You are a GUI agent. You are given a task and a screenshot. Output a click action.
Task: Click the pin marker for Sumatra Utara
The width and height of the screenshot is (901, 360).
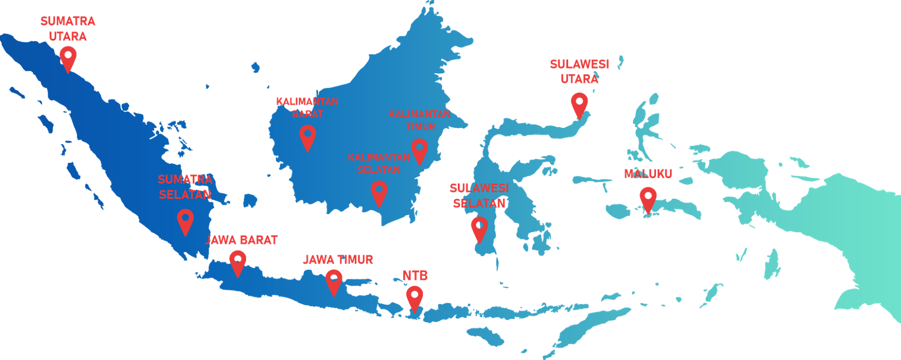[x=68, y=57]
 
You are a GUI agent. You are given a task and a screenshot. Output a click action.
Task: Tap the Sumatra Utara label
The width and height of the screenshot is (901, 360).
[x=68, y=29]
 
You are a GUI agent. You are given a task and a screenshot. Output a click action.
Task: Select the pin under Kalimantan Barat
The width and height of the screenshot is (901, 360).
[x=307, y=136]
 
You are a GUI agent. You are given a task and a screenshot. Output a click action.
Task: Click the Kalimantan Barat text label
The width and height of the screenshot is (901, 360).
[x=307, y=107]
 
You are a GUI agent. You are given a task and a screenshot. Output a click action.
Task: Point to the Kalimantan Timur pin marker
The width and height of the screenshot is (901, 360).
[x=419, y=150]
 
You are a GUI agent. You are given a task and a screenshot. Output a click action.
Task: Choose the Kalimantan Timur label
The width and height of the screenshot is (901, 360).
[x=420, y=120]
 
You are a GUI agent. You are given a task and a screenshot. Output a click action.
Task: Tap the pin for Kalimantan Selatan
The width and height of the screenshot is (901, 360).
[x=379, y=192]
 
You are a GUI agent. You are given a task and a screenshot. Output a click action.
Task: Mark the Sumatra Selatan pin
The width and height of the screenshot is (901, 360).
[x=185, y=220]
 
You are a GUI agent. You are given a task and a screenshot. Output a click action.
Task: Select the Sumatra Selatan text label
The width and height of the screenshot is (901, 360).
[x=185, y=187]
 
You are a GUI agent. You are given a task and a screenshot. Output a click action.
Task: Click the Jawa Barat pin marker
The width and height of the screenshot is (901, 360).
[x=238, y=261]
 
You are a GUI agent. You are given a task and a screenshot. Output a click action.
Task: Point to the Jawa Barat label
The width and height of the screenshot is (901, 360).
[x=242, y=240]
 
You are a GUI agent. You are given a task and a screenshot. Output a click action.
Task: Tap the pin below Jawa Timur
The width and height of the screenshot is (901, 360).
[x=334, y=280]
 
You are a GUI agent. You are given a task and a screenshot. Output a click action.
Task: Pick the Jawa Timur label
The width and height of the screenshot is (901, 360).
[x=338, y=260]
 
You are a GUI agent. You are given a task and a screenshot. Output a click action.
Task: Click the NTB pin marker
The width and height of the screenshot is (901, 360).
[x=414, y=297]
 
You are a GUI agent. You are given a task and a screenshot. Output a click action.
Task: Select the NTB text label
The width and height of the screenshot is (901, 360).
[x=415, y=275]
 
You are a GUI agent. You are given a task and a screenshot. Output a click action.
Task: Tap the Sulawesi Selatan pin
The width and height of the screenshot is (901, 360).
[x=479, y=228]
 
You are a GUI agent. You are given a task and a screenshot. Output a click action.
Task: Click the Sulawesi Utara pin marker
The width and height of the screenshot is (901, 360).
[x=579, y=104]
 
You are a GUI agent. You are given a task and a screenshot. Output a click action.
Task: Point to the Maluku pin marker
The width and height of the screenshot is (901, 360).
[x=648, y=198]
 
